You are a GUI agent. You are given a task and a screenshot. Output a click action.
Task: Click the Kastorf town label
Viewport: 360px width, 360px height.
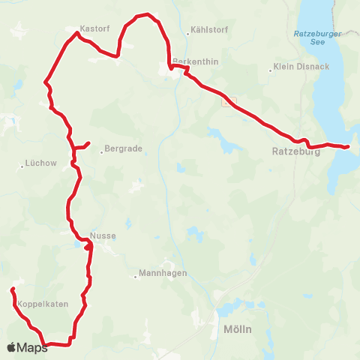tap(95, 28)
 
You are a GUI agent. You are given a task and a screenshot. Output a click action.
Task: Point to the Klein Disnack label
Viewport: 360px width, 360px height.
tap(302, 66)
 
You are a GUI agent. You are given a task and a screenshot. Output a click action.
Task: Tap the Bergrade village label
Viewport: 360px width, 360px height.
tap(124, 148)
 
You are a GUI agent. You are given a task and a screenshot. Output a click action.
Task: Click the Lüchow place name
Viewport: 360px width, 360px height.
tap(37, 163)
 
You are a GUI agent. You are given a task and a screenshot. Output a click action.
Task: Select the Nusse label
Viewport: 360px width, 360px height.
tap(103, 235)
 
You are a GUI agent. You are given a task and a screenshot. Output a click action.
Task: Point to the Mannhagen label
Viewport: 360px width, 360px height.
tap(161, 274)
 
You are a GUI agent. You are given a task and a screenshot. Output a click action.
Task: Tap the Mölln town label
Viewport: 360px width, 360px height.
tap(237, 330)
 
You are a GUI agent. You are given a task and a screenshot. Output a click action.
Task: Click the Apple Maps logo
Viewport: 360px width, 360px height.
tap(27, 347)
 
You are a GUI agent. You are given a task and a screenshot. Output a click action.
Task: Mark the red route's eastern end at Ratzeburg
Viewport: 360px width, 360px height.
tap(348, 147)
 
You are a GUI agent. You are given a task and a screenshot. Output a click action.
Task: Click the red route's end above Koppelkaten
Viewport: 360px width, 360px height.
tap(12, 289)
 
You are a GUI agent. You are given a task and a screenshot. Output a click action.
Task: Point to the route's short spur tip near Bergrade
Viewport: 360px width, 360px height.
tap(89, 142)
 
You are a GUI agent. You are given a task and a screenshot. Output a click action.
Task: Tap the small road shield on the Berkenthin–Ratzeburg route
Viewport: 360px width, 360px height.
tap(229, 100)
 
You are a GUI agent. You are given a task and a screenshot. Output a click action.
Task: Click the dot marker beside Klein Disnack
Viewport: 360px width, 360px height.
tap(270, 70)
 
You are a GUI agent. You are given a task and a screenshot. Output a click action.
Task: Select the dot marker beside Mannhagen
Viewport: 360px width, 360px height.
tap(136, 276)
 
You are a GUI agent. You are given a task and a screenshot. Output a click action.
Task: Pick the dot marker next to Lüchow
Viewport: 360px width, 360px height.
tap(22, 165)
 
